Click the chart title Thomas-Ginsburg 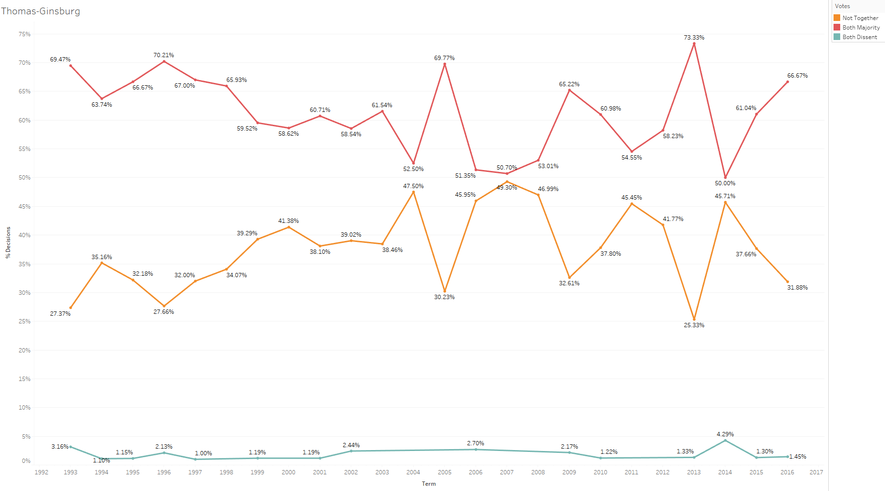41,11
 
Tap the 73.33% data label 694,38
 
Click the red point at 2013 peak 694,44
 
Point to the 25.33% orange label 694,325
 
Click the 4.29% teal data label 725,434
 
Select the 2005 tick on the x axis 444,472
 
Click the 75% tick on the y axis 24,34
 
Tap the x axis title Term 428,484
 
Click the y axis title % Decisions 8,242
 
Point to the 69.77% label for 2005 444,58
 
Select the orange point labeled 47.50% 413,192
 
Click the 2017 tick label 816,472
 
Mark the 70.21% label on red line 163,55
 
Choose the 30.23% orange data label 444,297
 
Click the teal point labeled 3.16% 71,447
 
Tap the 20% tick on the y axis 24,351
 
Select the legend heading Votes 842,6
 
